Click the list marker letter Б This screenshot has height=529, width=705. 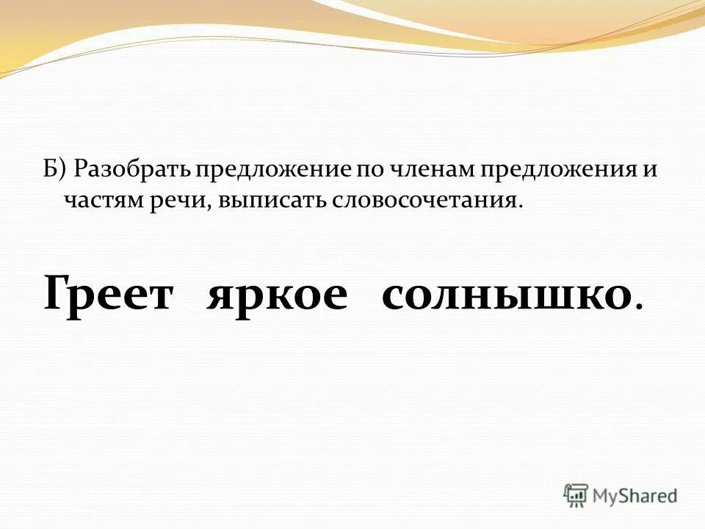[48, 170]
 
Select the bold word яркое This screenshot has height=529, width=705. [277, 295]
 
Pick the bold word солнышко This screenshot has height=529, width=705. [507, 295]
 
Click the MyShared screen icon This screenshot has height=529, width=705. [576, 495]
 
